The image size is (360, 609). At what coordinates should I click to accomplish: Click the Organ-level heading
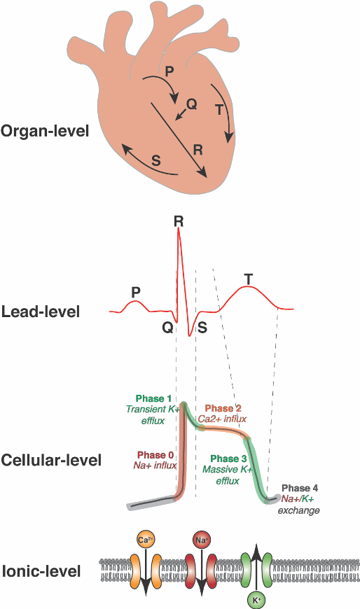pos(45,130)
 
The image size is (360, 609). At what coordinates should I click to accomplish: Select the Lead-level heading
pos(41,311)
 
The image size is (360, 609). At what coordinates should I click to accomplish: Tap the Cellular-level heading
pos(51,460)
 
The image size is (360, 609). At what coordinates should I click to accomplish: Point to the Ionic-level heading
pos(41,571)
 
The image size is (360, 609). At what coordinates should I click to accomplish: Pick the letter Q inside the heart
pos(192,104)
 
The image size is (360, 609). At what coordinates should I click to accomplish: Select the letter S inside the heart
pos(155,160)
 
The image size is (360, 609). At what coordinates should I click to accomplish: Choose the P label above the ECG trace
pos(136,290)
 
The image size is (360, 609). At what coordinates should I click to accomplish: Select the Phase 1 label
pos(151,398)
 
